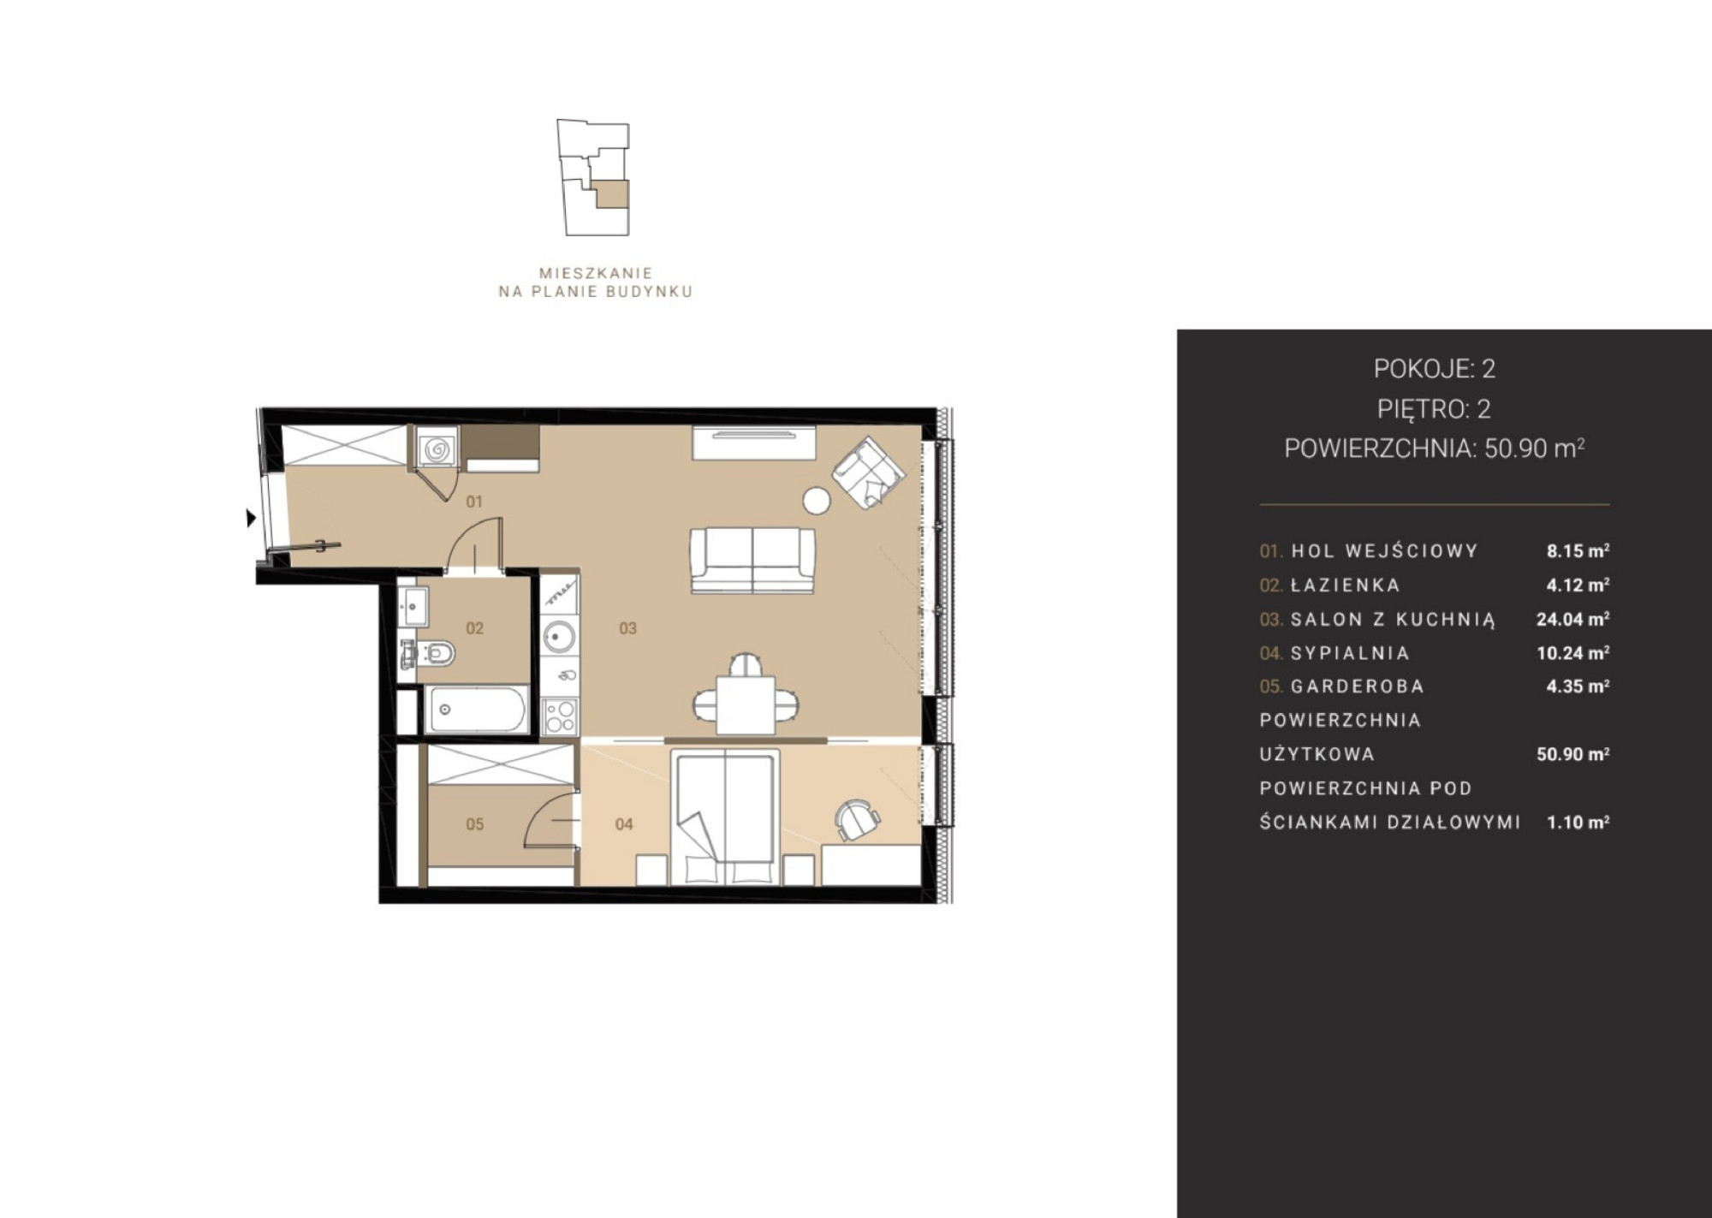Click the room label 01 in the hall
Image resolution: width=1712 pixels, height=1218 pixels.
[474, 502]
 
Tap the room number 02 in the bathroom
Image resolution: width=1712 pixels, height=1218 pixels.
[475, 628]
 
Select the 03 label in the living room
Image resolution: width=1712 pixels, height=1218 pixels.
[628, 628]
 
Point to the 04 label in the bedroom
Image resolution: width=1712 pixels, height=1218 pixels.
[625, 824]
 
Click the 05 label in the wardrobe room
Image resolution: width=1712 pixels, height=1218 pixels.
[475, 824]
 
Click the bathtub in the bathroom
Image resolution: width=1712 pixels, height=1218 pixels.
[477, 710]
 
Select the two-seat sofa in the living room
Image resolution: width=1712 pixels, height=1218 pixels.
[752, 560]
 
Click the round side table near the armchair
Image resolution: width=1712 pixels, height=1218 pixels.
[817, 501]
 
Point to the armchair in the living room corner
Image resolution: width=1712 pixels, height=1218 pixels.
[868, 472]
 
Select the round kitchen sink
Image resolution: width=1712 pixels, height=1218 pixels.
[560, 636]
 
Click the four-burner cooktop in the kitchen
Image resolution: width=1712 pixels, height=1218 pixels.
[560, 716]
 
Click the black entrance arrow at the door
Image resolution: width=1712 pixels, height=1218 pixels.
[251, 518]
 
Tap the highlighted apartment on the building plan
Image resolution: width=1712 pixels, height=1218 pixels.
[612, 194]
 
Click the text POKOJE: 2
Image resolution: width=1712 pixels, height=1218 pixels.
[1435, 369]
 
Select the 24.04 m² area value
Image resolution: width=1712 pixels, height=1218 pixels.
[1572, 619]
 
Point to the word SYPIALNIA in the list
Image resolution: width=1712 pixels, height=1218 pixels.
[1350, 653]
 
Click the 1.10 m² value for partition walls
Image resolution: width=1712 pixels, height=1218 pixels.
[1578, 823]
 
